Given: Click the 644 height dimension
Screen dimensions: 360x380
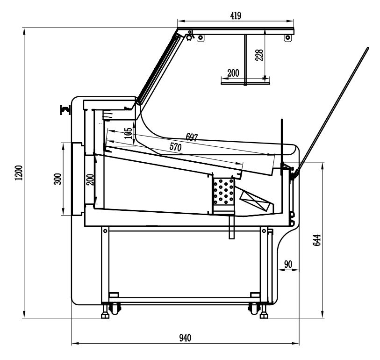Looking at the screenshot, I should point(316,240).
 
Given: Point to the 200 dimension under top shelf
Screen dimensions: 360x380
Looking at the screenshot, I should point(232,73).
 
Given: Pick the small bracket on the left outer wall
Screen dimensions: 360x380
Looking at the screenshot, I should point(64,110).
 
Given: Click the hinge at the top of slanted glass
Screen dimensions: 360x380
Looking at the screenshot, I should point(189,36).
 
